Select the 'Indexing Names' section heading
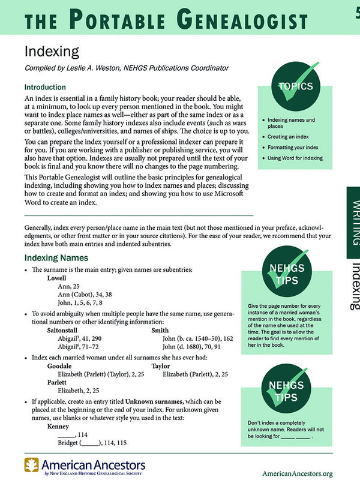point(56,257)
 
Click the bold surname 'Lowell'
point(58,279)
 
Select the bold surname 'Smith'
point(160,330)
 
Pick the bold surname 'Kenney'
point(58,427)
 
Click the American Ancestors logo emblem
point(32,464)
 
